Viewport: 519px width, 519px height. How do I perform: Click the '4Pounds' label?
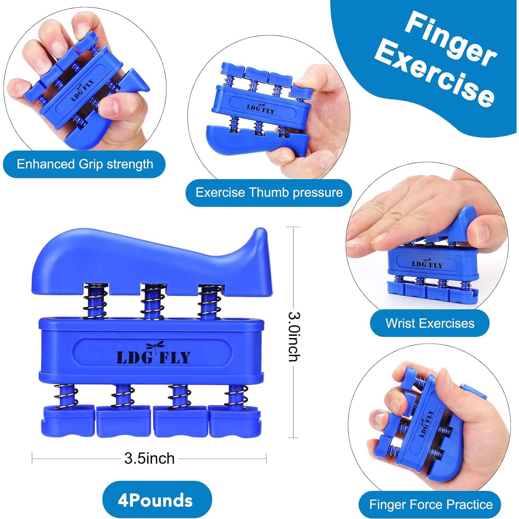point(155,501)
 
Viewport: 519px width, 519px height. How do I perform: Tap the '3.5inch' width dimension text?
point(149,458)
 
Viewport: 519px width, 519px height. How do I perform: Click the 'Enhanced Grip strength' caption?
point(85,164)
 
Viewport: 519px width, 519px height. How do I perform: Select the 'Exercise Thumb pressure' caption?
point(269,192)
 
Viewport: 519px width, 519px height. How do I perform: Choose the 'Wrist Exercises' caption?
point(430,323)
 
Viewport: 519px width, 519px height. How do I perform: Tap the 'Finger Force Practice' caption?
point(431,504)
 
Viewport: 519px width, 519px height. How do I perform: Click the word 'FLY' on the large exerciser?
point(175,358)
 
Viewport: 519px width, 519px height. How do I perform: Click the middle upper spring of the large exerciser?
point(151,301)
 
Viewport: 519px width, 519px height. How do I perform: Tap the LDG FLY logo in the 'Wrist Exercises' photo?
point(427,265)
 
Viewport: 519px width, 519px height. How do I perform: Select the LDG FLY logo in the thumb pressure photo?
point(261,108)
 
